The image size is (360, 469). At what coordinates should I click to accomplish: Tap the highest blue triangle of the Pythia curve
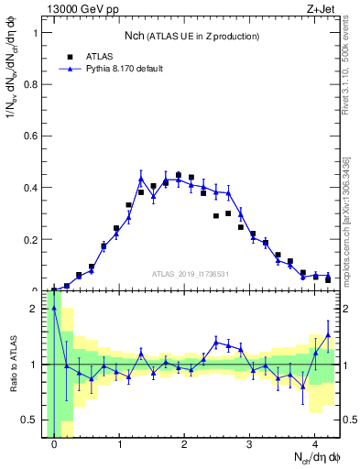tap(141, 178)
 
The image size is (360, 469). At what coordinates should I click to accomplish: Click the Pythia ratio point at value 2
tap(54, 309)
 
